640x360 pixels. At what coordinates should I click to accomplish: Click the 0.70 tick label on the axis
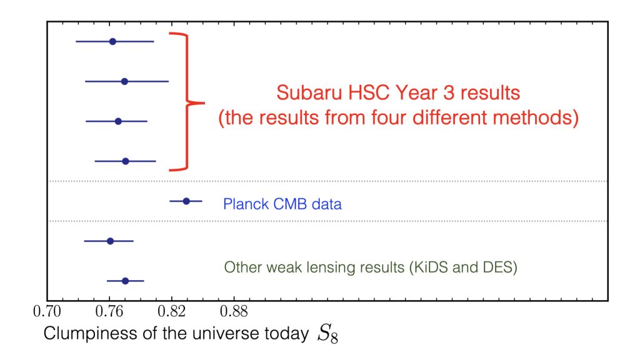[x=47, y=312]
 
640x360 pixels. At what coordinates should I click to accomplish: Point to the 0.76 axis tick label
[x=109, y=312]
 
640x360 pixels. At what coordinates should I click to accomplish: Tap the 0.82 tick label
[x=171, y=312]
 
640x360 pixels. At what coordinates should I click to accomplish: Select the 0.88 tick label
[x=234, y=312]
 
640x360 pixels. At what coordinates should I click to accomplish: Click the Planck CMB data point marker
[x=186, y=201]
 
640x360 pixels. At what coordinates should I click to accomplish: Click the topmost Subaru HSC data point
[x=112, y=42]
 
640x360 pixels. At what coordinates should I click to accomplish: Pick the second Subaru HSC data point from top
[x=124, y=82]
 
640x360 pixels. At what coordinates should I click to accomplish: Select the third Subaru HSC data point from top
[x=118, y=122]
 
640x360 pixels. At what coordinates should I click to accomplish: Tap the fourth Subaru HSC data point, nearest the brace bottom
[x=125, y=162]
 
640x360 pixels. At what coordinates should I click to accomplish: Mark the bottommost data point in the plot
[x=125, y=281]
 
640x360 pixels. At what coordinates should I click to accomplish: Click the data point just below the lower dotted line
[x=110, y=241]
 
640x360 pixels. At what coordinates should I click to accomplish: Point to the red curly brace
[x=187, y=102]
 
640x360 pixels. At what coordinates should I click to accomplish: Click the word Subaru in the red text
[x=309, y=92]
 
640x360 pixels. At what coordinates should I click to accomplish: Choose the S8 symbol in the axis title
[x=327, y=334]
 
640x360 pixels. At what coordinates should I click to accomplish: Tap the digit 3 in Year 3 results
[x=448, y=92]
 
